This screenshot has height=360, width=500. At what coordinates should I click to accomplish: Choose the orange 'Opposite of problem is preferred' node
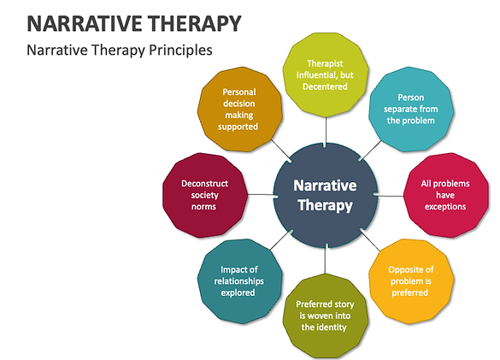(408, 280)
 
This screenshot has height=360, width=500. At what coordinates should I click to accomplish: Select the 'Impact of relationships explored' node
(238, 280)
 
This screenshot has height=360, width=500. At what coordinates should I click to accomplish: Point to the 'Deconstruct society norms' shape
(203, 195)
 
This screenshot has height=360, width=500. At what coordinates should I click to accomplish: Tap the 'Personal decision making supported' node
(238, 109)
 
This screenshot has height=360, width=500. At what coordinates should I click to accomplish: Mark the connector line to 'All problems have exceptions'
(389, 195)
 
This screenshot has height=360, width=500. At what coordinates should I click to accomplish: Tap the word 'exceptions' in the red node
(444, 205)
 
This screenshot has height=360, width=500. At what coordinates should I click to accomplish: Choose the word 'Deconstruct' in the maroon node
(203, 183)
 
